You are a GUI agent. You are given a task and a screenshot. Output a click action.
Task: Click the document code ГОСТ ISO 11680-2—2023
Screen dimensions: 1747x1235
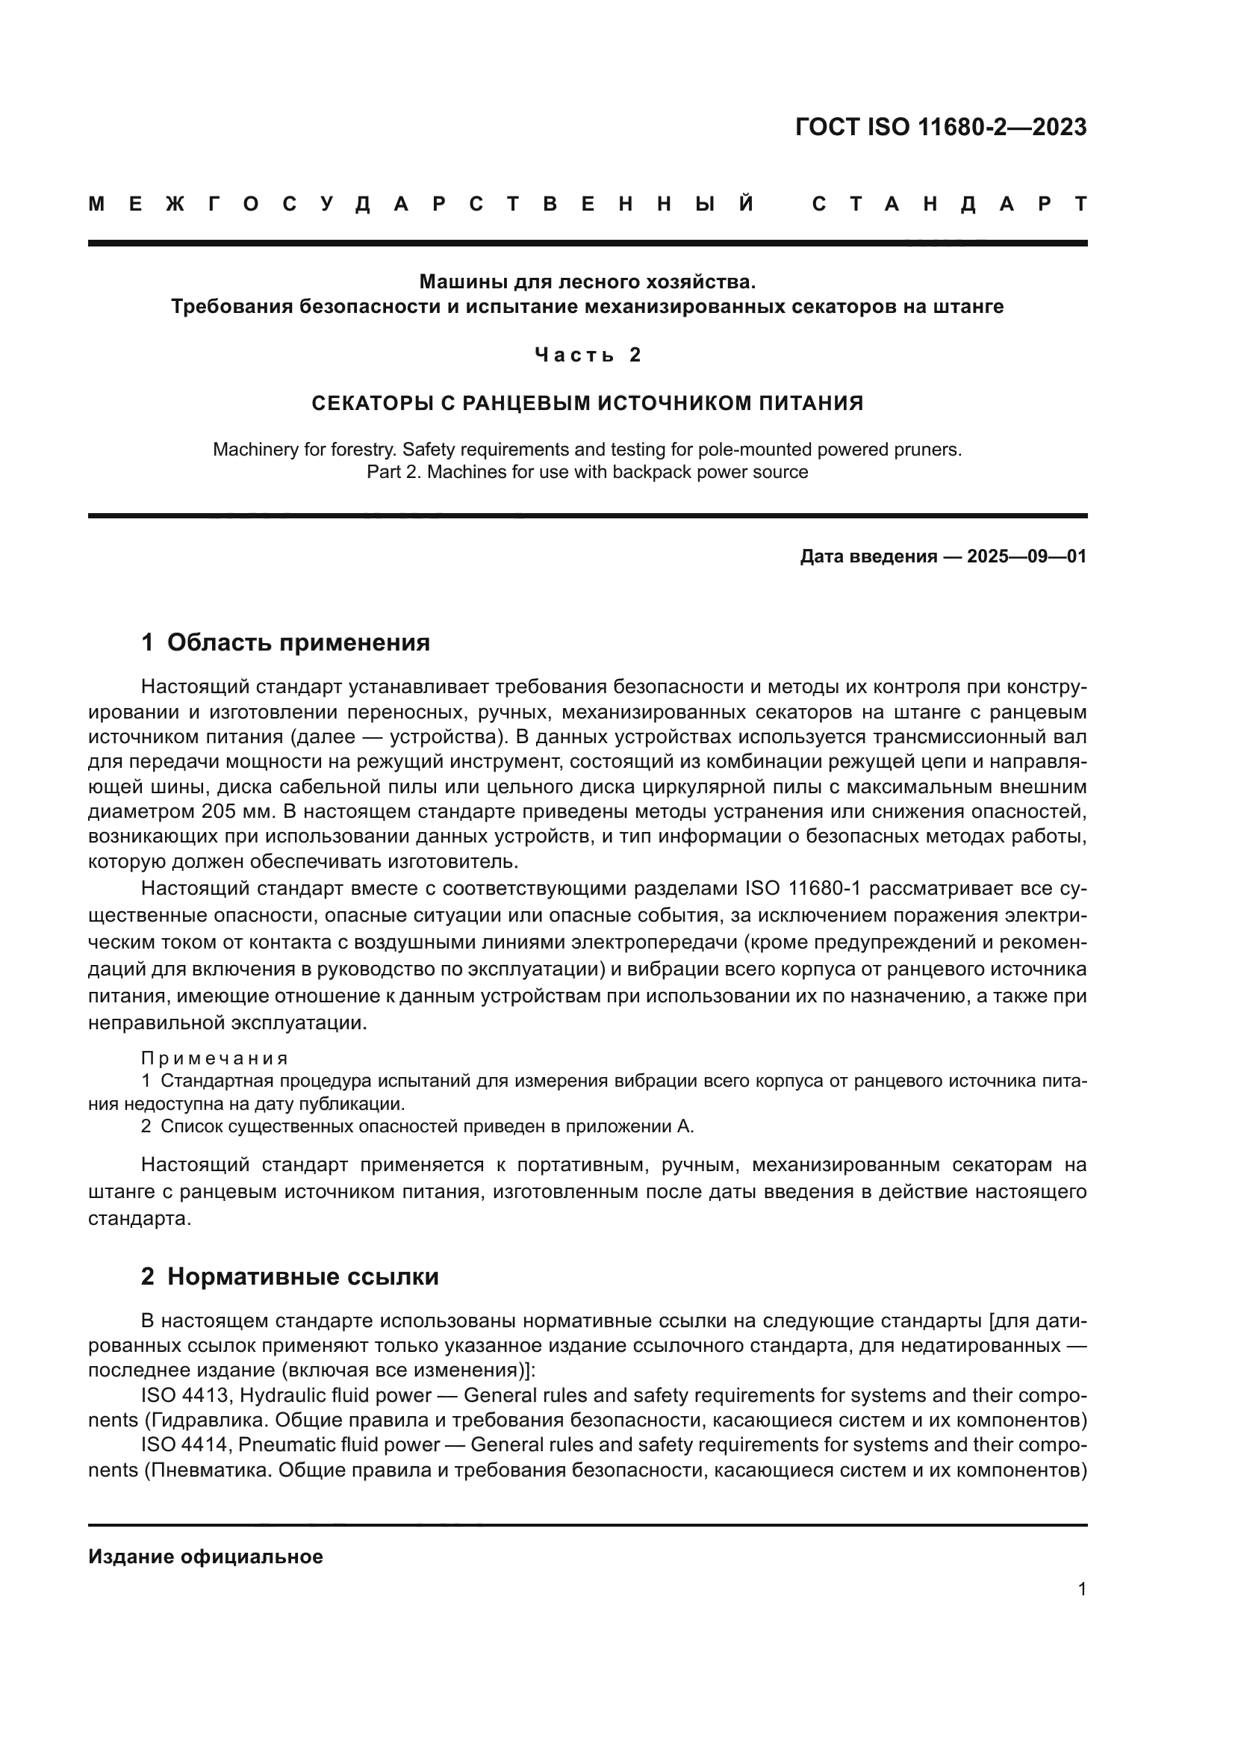click(x=940, y=127)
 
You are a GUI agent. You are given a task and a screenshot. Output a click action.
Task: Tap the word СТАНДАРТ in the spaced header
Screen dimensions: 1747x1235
click(x=949, y=205)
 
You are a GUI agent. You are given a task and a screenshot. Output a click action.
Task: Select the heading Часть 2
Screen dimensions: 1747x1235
click(x=588, y=355)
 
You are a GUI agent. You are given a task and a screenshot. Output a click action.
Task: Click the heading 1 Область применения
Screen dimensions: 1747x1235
click(x=285, y=642)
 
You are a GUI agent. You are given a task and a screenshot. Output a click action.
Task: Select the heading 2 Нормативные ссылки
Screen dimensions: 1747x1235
click(x=290, y=1276)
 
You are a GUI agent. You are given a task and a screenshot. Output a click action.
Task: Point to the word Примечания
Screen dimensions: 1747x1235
click(x=214, y=1058)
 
